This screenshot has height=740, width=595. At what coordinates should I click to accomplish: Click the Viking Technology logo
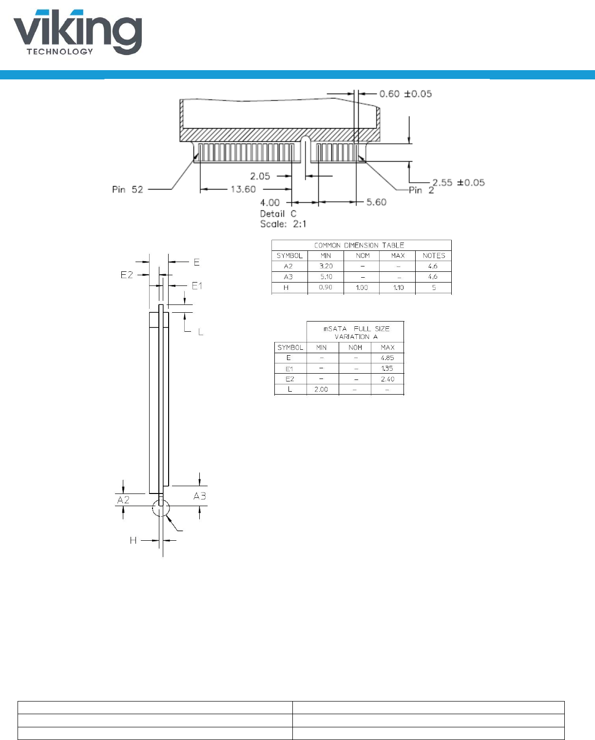click(x=78, y=32)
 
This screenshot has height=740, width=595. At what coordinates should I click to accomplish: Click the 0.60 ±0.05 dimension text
click(x=405, y=94)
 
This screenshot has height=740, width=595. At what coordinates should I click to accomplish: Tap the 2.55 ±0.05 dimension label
click(x=459, y=183)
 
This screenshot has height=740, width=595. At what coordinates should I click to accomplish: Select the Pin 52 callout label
click(x=128, y=190)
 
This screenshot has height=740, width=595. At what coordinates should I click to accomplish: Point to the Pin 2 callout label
click(x=422, y=190)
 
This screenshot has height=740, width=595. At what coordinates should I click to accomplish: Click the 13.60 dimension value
click(x=243, y=189)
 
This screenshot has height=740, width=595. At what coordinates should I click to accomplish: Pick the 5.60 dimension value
click(x=376, y=202)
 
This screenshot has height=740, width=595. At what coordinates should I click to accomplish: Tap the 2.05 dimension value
click(x=260, y=176)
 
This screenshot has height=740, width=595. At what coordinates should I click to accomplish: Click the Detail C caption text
click(x=278, y=214)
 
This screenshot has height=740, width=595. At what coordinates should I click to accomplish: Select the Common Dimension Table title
click(x=359, y=245)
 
